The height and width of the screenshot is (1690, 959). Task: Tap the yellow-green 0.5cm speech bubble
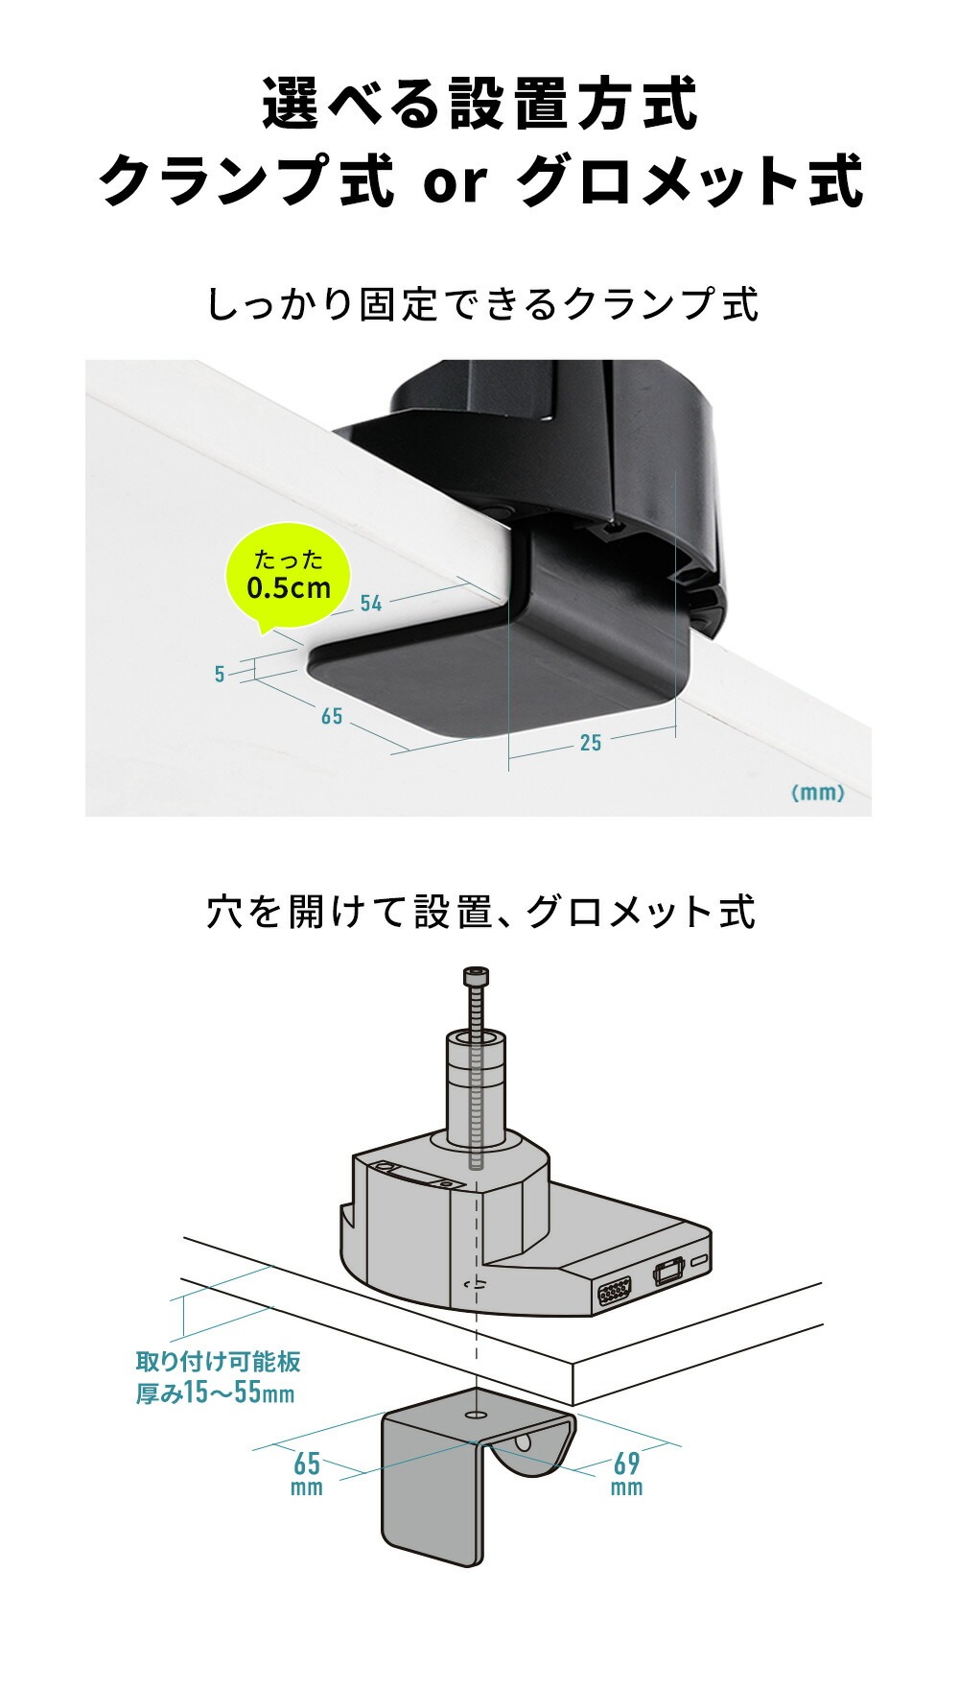(288, 577)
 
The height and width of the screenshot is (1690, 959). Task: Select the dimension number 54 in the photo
(371, 603)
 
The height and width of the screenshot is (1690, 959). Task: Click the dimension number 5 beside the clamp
(220, 675)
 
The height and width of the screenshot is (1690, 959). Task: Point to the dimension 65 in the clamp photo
(332, 716)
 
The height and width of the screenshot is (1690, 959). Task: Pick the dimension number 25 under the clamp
(591, 743)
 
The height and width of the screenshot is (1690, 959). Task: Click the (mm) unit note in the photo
(817, 793)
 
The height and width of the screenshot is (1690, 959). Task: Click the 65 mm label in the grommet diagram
(307, 1473)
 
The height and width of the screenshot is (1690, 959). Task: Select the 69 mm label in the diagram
(626, 1473)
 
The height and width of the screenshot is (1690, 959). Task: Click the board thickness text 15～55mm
(215, 1392)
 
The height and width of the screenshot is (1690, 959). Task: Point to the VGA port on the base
(614, 1294)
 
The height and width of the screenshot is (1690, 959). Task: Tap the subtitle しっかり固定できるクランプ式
(482, 304)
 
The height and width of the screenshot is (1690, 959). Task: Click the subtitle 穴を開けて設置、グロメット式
(481, 912)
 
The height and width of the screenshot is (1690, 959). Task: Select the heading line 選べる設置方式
(479, 105)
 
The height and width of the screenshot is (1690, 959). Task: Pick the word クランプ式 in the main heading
(246, 180)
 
